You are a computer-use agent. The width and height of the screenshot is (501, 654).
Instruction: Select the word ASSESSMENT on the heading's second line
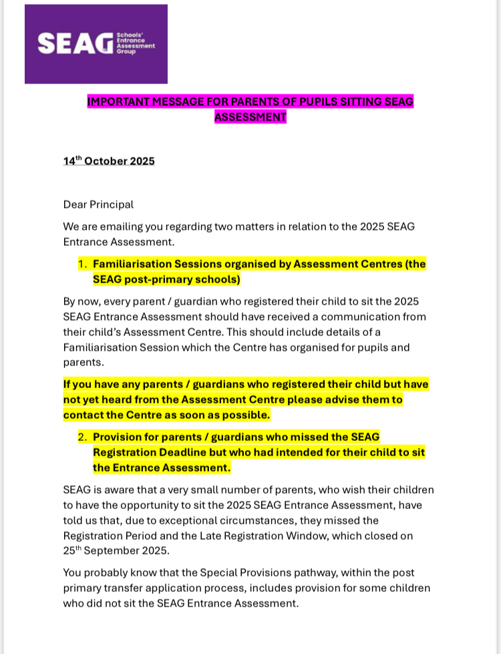point(251,117)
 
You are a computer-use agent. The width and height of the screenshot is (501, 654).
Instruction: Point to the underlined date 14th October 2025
point(109,161)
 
